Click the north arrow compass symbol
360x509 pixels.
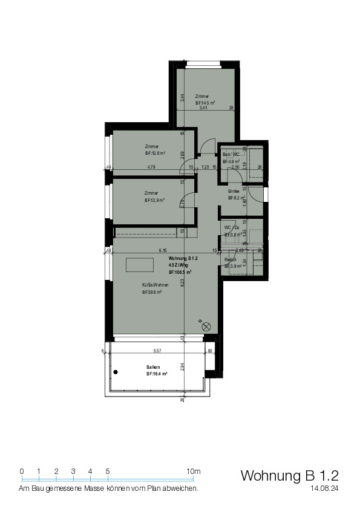click(206, 326)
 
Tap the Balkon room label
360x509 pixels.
click(153, 367)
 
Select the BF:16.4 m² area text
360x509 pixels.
click(156, 374)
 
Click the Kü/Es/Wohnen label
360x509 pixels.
click(155, 285)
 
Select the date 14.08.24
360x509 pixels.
click(323, 487)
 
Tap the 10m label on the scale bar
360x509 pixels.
click(194, 471)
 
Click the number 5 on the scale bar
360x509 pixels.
click(108, 471)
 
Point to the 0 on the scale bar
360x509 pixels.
click(22, 471)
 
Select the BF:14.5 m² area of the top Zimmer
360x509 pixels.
click(205, 103)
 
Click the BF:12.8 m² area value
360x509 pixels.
click(155, 154)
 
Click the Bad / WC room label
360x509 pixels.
click(231, 155)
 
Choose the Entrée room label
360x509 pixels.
click(233, 191)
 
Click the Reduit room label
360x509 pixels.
click(231, 259)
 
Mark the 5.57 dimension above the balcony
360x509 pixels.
click(157, 351)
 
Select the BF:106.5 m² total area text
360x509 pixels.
click(180, 272)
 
